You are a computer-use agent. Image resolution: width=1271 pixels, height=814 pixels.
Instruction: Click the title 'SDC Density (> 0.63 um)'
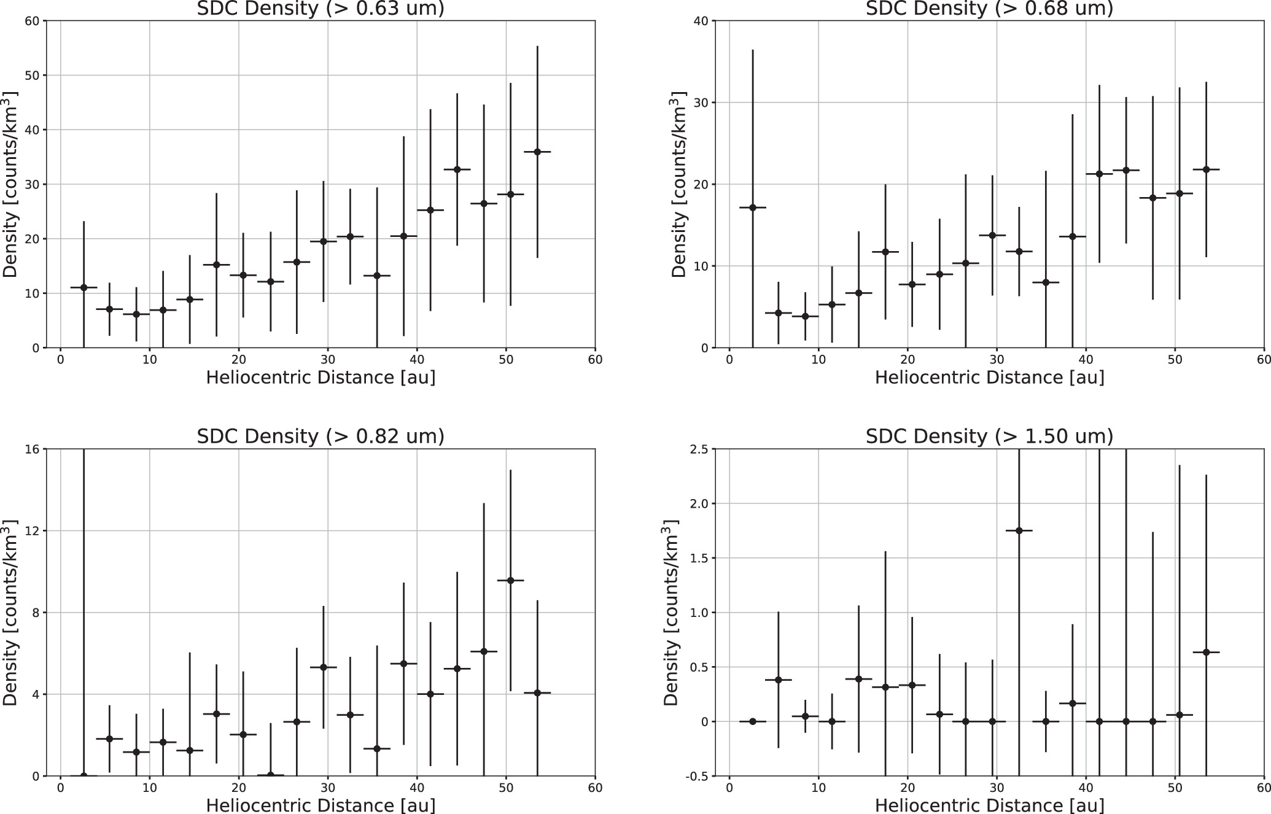pos(320,8)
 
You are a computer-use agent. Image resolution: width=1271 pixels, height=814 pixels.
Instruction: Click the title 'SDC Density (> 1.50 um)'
pos(989,436)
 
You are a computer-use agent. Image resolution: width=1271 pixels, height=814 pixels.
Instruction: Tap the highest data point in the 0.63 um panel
pos(537,152)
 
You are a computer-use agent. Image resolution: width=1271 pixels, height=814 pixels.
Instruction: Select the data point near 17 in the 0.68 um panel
pos(753,207)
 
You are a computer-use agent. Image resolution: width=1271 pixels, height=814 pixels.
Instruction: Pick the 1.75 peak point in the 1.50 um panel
pos(1019,530)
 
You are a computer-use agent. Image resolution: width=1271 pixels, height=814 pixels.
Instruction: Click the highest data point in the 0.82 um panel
pos(510,580)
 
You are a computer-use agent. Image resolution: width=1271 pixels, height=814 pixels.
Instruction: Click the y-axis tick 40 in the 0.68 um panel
pos(701,21)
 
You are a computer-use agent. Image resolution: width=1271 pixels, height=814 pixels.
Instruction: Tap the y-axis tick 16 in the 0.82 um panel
pos(33,449)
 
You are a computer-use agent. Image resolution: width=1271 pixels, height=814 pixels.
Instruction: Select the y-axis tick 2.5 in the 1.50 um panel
pos(698,449)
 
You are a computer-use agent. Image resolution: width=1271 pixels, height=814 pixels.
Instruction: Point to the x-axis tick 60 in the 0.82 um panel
pos(594,788)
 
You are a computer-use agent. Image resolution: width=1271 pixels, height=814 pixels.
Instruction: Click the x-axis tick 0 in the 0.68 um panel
pos(729,360)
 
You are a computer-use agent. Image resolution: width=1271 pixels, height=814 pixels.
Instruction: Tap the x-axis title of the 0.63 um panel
pos(320,377)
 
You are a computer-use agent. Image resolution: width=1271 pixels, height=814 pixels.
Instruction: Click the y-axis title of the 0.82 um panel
pos(10,613)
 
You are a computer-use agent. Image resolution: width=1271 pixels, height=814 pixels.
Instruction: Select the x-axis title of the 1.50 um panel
pos(989,805)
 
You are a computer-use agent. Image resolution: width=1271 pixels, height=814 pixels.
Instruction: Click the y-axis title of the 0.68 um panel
pos(678,184)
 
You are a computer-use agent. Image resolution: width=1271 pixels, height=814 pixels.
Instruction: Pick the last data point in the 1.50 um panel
pos(1205,652)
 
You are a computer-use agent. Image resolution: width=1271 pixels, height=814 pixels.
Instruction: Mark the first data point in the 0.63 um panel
pos(84,287)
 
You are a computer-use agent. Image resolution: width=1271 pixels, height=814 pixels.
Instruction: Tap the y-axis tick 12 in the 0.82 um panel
pos(33,531)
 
